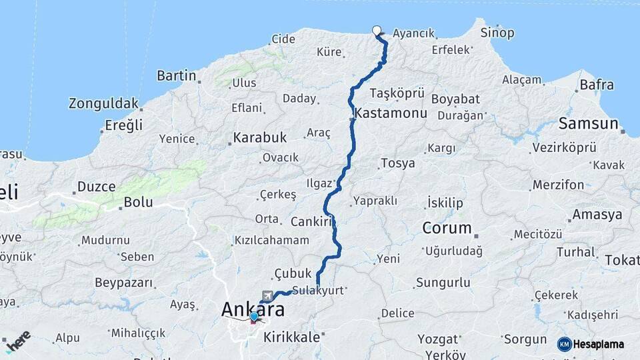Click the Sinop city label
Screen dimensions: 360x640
pos(497,33)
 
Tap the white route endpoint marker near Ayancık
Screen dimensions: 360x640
pos(377,30)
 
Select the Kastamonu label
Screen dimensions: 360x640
pos(391,113)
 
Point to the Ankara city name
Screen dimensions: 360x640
pos(253,309)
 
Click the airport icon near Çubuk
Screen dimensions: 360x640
pos(268,295)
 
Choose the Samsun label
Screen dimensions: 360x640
pos(589,123)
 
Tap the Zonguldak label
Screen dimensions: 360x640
pos(103,103)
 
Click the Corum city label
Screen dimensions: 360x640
pos(447,228)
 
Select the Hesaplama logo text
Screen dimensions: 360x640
pos(599,344)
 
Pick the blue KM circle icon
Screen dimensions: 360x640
pos(565,344)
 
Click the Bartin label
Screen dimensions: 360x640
pos(176,75)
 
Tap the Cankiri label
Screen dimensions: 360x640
pos(312,221)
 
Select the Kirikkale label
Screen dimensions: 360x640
pos(292,337)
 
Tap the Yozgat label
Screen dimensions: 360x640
pos(438,339)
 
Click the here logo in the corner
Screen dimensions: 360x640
pos(17,341)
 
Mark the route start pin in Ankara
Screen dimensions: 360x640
pos(254,317)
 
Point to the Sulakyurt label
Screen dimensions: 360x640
pos(317,291)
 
